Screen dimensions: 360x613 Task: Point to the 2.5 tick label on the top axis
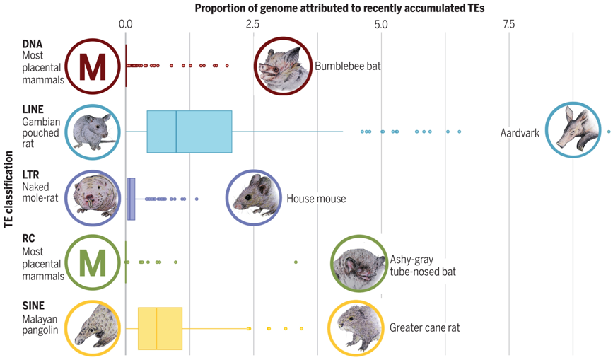click(254, 25)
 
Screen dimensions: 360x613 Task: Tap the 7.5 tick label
click(508, 25)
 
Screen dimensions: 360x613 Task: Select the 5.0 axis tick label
click(381, 25)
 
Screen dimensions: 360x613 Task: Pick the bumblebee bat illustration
click(282, 65)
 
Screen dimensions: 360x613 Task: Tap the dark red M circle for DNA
click(93, 65)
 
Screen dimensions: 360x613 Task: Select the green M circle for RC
click(93, 262)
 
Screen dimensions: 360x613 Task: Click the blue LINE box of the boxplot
click(189, 132)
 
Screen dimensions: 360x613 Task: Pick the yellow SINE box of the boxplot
click(160, 328)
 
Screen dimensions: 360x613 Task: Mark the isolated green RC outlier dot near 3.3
click(296, 262)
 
